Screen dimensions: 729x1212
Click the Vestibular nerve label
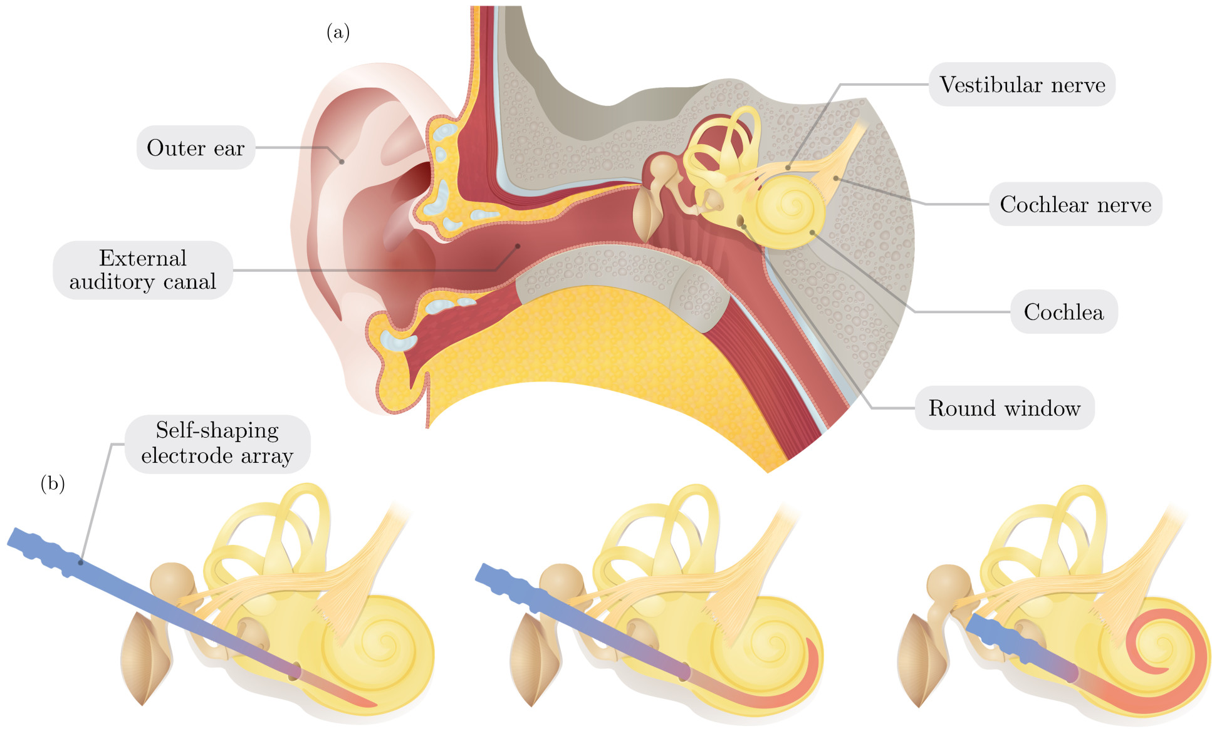[1022, 85]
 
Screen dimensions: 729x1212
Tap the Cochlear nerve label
[1075, 204]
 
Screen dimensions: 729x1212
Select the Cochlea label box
[1063, 311]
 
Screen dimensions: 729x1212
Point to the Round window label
[1004, 408]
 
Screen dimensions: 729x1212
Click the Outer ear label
[196, 148]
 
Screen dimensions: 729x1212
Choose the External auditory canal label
[143, 270]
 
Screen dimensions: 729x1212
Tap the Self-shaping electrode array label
[217, 443]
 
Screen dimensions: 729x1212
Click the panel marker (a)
[338, 32]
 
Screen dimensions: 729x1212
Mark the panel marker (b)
[53, 483]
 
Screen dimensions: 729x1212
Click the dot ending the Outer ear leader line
[342, 162]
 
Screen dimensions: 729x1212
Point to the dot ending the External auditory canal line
[518, 246]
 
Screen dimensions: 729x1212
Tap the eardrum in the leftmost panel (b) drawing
[145, 658]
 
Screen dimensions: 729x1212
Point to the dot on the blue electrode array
[80, 562]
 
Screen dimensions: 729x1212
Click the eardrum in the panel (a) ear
[645, 213]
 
